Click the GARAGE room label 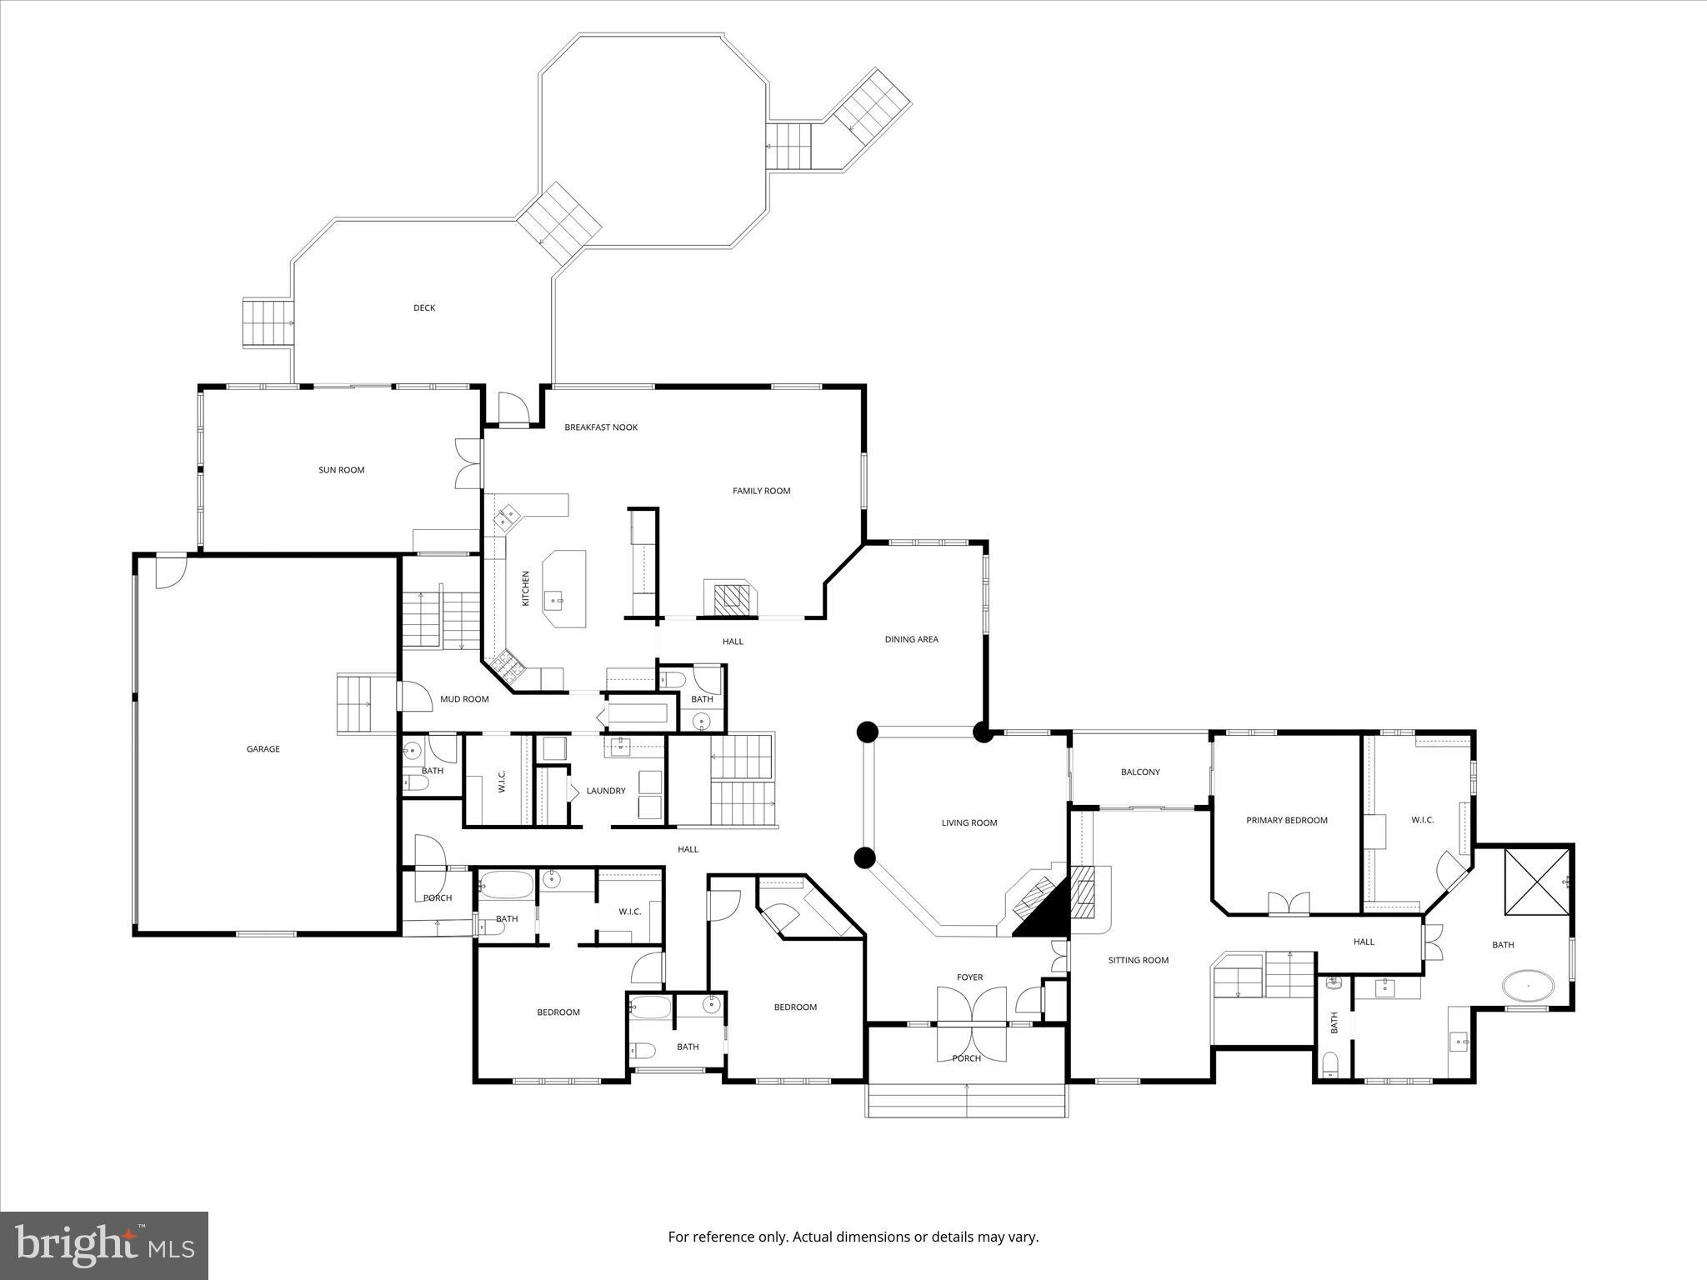coord(263,749)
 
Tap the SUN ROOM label coord(342,470)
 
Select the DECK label coord(424,307)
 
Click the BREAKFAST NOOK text coord(601,427)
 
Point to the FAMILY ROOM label coord(761,491)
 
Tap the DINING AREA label coord(911,639)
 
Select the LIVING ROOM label coord(969,822)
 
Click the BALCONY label coord(1140,772)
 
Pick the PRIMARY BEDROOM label coord(1286,820)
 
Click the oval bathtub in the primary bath coord(1528,986)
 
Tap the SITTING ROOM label coord(1138,960)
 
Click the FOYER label coord(969,977)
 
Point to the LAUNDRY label coord(605,791)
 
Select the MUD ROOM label coord(464,699)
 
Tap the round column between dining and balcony coord(984,733)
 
